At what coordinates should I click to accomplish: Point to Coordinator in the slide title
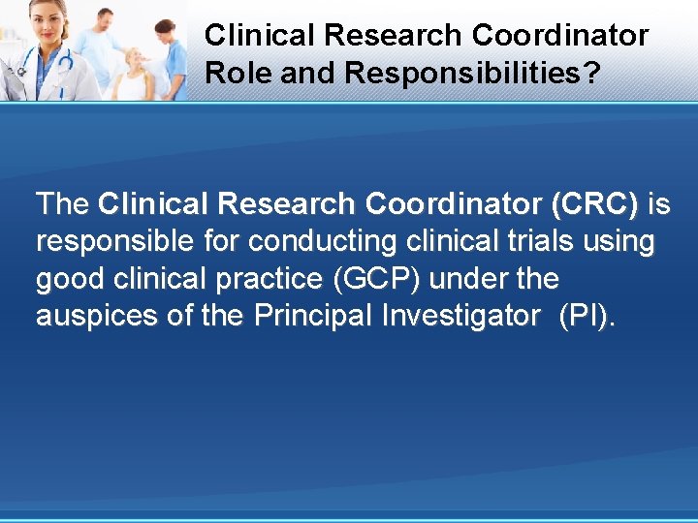coord(560,36)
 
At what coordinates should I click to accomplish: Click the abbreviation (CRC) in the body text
coord(594,204)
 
